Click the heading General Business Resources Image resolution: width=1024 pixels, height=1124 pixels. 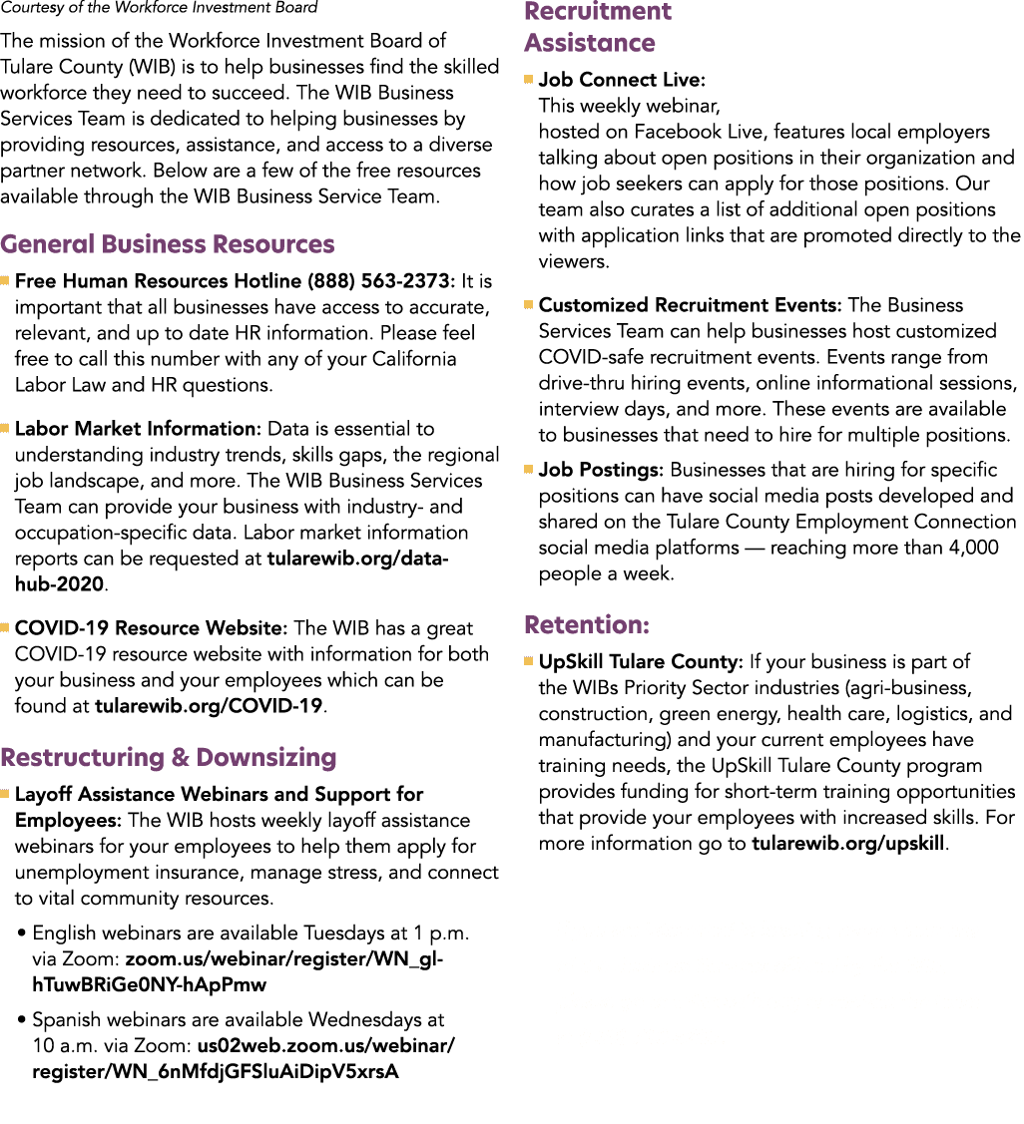point(168,244)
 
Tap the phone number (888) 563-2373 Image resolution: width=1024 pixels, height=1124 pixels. point(379,281)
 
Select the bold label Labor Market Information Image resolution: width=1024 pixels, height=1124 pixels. point(138,429)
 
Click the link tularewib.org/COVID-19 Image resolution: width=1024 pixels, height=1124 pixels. point(209,706)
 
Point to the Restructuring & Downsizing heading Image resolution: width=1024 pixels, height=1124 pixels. point(169,758)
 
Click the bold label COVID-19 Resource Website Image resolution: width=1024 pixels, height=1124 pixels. point(151,628)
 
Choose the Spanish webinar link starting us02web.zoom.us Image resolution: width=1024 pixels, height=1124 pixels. point(244,1059)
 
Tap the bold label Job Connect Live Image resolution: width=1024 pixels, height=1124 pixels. point(622,80)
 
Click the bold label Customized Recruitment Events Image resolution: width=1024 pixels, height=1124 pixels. point(690,305)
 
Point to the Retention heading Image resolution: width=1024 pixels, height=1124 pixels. point(587,625)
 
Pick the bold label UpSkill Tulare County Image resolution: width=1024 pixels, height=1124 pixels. point(640,661)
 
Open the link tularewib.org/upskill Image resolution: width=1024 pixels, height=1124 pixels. point(848,844)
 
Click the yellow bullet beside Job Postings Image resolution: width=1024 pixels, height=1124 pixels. point(529,470)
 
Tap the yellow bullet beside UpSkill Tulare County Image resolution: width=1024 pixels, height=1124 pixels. point(529,661)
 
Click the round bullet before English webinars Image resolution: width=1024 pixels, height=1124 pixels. point(22,934)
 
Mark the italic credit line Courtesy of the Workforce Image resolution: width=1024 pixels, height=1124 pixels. point(159,8)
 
